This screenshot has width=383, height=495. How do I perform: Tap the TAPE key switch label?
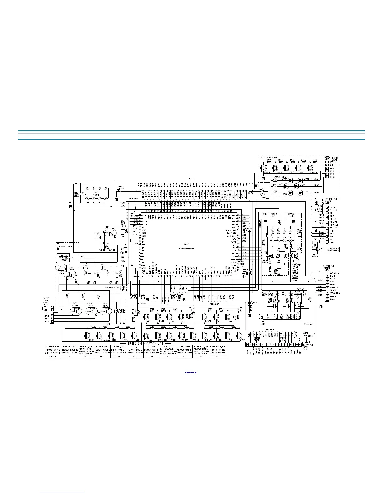[x=149, y=321]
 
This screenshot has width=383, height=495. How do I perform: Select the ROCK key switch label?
[x=91, y=340]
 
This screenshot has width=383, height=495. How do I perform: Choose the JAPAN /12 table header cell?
[x=118, y=347]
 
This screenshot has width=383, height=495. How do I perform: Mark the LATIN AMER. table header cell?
[x=184, y=347]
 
